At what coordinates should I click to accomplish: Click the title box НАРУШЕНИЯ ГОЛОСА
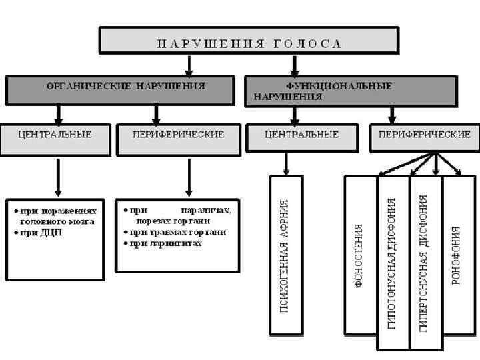(x=249, y=41)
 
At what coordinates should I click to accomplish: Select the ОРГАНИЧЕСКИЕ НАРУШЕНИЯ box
(x=121, y=89)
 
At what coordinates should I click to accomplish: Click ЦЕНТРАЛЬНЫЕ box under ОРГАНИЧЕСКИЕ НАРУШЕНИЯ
(x=55, y=139)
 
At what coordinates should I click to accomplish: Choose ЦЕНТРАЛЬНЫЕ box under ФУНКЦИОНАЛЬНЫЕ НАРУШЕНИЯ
(x=302, y=139)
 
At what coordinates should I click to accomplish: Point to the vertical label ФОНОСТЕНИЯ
(x=359, y=255)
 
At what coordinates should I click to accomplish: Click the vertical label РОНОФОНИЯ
(x=456, y=255)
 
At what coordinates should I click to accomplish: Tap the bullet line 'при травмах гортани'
(x=177, y=232)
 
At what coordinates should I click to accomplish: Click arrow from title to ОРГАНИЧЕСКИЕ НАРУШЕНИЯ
(x=190, y=65)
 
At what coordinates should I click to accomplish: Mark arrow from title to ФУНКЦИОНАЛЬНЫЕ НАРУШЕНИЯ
(x=294, y=65)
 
